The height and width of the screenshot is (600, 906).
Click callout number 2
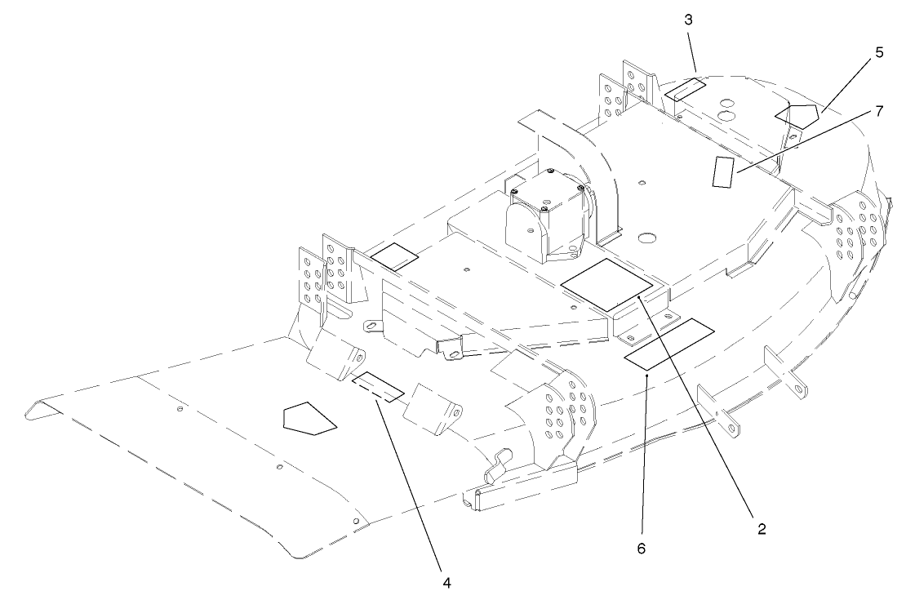[x=761, y=528]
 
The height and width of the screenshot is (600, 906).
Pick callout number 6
[x=642, y=549]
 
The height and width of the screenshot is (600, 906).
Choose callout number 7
[x=878, y=111]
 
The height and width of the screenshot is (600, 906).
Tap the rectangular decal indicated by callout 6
[x=669, y=343]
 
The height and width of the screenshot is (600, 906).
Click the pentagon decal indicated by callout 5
[x=797, y=114]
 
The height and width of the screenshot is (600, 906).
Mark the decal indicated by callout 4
[x=378, y=386]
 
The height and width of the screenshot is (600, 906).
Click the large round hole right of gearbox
[x=649, y=238]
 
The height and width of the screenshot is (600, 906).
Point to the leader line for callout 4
[x=413, y=482]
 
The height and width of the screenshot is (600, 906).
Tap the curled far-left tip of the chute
[x=37, y=407]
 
